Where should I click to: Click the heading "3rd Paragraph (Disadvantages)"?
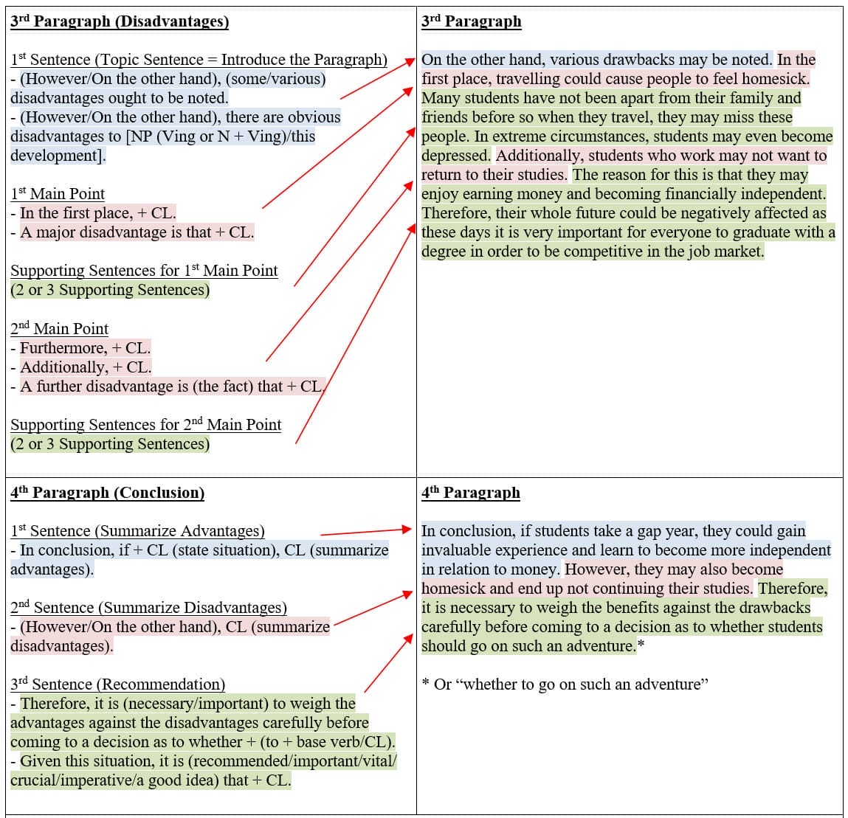tap(120, 21)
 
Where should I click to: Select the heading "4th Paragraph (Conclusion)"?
tap(107, 493)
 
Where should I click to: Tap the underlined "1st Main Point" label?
tap(58, 194)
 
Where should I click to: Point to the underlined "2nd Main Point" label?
tap(60, 329)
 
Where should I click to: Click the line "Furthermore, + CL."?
tap(84, 348)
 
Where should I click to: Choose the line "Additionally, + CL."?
tap(85, 367)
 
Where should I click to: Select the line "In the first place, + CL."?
tap(97, 213)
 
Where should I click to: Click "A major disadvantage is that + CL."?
tap(137, 232)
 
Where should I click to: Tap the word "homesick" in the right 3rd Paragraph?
tap(776, 79)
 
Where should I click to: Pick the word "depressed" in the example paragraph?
tap(455, 156)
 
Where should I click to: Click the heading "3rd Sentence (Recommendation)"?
tap(118, 684)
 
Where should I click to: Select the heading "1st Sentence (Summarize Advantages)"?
tap(137, 531)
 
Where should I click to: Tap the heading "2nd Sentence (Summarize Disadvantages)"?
tap(148, 608)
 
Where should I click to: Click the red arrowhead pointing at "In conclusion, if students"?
tap(406, 529)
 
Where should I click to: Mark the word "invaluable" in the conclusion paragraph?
tap(457, 550)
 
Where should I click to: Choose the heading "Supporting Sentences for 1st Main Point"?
tap(144, 271)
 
